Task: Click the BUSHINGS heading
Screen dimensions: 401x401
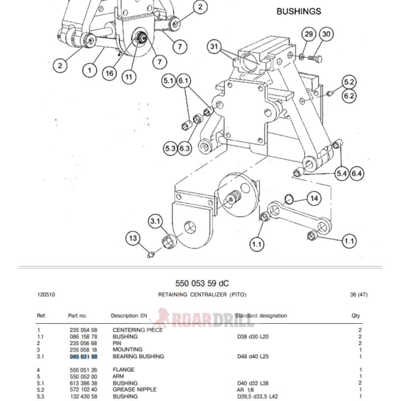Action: coord(299,11)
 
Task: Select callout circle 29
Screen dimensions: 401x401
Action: coord(308,34)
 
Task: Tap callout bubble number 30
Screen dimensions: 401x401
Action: coord(326,34)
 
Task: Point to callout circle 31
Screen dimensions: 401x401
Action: coord(215,47)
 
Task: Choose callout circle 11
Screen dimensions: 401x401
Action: coord(128,76)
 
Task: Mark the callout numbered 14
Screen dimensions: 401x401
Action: coord(314,198)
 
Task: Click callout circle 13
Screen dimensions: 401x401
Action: coord(133,239)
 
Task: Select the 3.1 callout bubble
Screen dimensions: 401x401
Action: coord(155,221)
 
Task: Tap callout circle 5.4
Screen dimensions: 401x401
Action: coord(342,174)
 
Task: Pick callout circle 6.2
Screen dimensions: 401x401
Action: coord(349,96)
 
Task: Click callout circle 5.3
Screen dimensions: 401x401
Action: coord(170,148)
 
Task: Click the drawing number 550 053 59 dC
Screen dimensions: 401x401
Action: coord(202,283)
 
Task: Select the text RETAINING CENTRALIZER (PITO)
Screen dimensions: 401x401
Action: coord(202,295)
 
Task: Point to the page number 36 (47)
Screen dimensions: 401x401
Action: coord(358,295)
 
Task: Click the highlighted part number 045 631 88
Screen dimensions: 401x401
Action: coord(83,356)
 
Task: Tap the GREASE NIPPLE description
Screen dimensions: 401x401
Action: coord(134,389)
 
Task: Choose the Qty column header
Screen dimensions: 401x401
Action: coord(356,316)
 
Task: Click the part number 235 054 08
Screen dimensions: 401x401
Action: coord(83,330)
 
